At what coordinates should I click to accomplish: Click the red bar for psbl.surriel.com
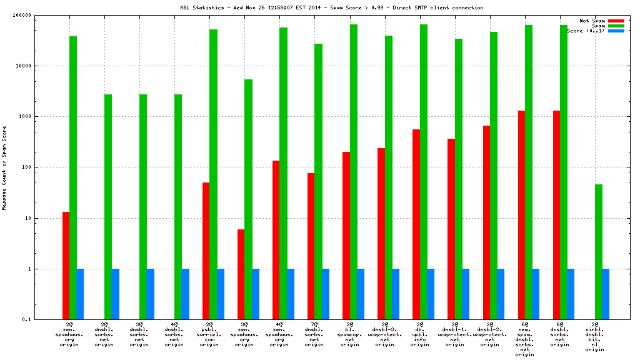point(206,251)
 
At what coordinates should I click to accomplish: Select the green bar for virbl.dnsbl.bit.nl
point(598,252)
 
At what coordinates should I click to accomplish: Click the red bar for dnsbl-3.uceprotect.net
point(381,234)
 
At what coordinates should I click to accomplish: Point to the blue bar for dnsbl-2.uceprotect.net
point(501,294)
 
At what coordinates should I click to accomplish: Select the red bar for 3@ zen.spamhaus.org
point(241,274)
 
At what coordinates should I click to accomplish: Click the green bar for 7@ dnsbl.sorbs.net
point(318,181)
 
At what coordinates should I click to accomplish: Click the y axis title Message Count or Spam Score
point(4,167)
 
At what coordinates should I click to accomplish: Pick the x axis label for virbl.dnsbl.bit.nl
point(594,338)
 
